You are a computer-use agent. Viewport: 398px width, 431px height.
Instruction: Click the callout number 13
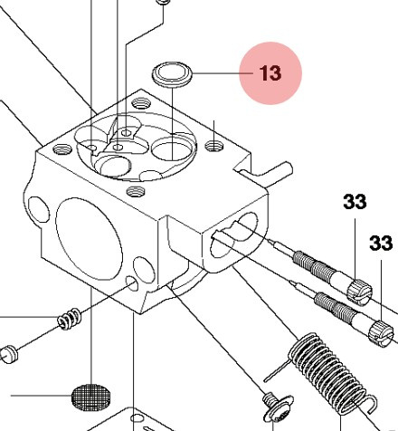(x=270, y=73)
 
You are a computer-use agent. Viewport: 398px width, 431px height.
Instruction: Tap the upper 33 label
(x=355, y=203)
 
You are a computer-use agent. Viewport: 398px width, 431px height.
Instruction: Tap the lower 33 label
(x=381, y=243)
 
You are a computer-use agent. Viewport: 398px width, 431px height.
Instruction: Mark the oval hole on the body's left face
(x=37, y=206)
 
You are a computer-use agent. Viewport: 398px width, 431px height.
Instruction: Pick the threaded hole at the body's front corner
(x=137, y=191)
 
